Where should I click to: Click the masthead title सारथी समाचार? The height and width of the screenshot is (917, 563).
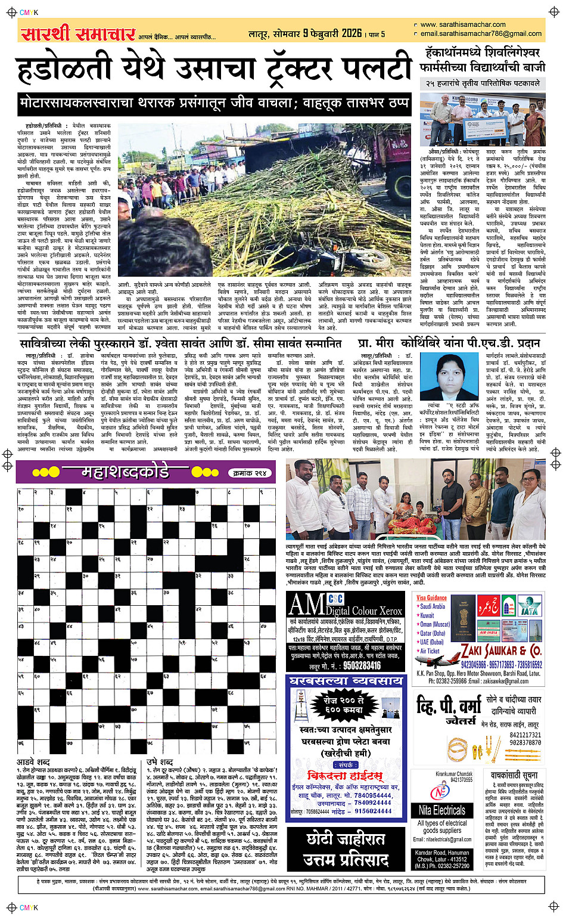click(78, 33)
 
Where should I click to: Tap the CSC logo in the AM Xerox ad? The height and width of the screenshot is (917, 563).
click(335, 599)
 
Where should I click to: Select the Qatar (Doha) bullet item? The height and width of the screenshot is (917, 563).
click(433, 633)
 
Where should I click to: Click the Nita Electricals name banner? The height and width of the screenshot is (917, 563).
click(441, 810)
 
